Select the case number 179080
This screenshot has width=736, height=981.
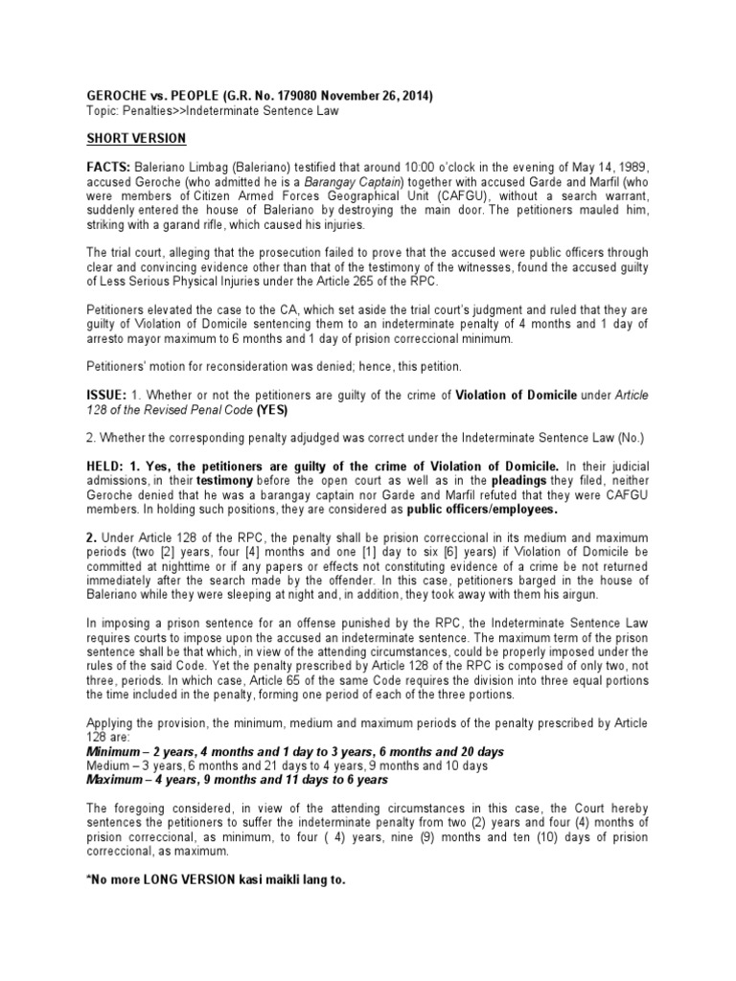coord(309,96)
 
